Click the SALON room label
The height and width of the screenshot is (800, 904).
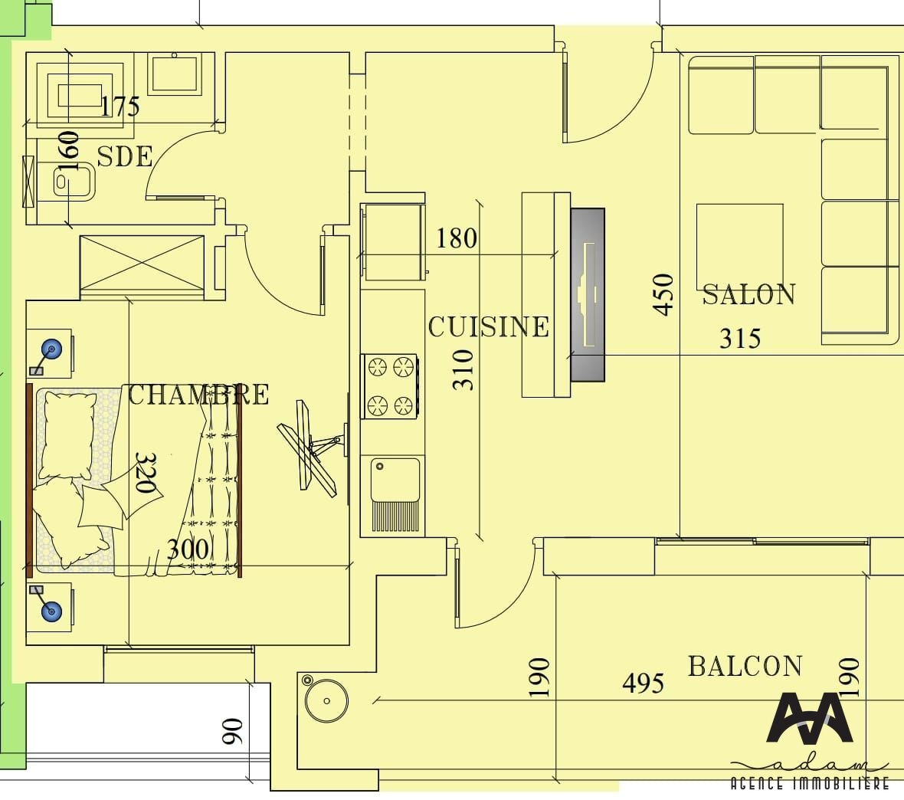[748, 294]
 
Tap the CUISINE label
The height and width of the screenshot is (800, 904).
[488, 326]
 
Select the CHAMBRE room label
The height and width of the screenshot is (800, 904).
[198, 395]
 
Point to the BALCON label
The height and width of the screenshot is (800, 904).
[745, 666]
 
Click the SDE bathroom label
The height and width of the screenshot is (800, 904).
[125, 156]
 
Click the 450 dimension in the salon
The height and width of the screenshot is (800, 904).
[663, 294]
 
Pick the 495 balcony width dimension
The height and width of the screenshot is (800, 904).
[644, 684]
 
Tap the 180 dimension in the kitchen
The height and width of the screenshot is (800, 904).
[457, 238]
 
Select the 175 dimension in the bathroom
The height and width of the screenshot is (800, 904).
[120, 106]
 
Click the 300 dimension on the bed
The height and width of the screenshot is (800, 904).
[188, 549]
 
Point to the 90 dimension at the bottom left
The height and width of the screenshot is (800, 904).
[232, 731]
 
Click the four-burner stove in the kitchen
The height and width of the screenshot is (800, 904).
[390, 386]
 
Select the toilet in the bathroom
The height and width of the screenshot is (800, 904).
[74, 181]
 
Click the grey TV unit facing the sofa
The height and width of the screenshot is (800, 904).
[588, 295]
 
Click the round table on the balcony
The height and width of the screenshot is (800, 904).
[326, 701]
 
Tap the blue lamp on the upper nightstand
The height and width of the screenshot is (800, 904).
[52, 349]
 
